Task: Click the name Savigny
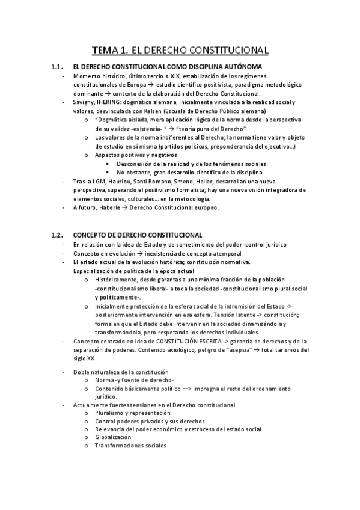coord(84,102)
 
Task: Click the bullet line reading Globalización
coord(112,437)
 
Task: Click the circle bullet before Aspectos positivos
coord(88,155)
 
